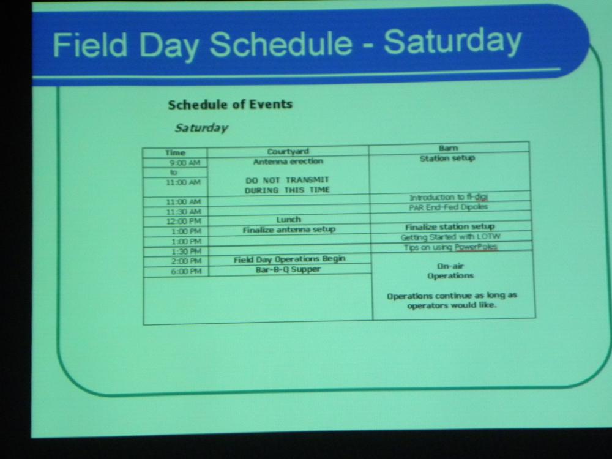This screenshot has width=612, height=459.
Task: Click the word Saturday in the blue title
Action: click(x=453, y=42)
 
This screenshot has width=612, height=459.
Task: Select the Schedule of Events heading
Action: click(x=230, y=105)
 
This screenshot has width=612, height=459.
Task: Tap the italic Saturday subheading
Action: click(x=201, y=128)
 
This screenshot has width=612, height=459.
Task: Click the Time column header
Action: click(x=175, y=152)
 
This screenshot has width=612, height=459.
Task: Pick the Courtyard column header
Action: click(x=288, y=151)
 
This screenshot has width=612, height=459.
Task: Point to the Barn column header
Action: click(x=448, y=148)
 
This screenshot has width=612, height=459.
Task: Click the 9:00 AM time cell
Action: click(x=185, y=163)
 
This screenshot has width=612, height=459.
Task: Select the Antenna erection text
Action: click(x=288, y=162)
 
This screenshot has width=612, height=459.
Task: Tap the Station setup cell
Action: click(x=447, y=158)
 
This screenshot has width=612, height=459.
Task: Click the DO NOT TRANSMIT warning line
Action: click(x=287, y=180)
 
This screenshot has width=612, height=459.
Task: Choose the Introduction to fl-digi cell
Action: click(x=449, y=198)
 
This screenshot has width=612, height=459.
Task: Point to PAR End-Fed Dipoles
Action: click(x=449, y=207)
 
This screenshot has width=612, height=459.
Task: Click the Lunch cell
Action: click(x=288, y=219)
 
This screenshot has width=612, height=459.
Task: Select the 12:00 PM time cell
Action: click(x=184, y=222)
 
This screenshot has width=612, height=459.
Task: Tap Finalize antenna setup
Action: click(x=289, y=230)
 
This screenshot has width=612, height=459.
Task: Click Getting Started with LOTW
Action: click(x=450, y=237)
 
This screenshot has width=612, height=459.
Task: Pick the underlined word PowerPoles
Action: click(x=476, y=247)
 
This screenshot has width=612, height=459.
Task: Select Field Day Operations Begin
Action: click(x=289, y=259)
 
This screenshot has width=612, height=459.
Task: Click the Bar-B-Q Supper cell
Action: click(x=288, y=269)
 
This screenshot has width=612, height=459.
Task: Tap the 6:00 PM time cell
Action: click(x=186, y=271)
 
